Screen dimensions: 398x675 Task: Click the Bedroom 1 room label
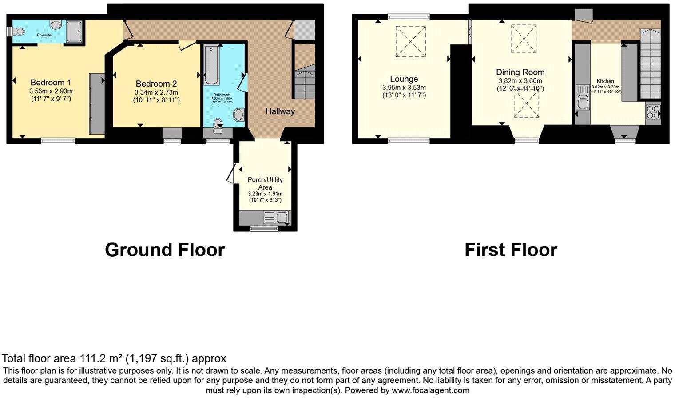point(51,82)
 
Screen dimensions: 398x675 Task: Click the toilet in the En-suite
point(17,32)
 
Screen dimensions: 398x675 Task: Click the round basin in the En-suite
point(56,25)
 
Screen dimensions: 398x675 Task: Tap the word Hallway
point(280,111)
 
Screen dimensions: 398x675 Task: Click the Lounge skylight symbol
point(410,41)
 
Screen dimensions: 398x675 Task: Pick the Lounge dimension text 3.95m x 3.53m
point(404,88)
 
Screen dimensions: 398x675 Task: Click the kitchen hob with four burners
point(653,111)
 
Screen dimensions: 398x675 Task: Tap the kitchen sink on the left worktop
point(581,97)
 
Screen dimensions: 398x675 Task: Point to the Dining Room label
point(520,72)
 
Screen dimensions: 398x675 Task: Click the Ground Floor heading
point(165,250)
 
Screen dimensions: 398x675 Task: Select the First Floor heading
point(511,250)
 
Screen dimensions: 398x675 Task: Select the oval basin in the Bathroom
point(238,115)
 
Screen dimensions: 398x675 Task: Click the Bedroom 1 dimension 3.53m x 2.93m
point(51,91)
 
